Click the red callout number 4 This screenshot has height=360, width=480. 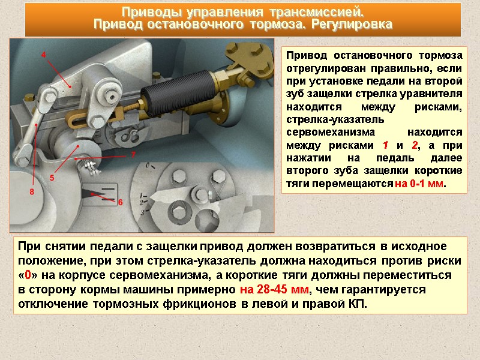(x=43, y=55)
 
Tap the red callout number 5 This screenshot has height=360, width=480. (x=52, y=178)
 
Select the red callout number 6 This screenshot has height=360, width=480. (x=121, y=202)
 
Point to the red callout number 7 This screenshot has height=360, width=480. (x=133, y=155)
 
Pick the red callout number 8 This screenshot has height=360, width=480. (x=32, y=192)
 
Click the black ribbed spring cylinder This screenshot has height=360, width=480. (x=177, y=94)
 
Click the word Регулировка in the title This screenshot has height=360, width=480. (x=352, y=24)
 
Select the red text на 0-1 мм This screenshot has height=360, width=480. (x=419, y=184)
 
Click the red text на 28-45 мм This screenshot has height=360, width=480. (x=274, y=289)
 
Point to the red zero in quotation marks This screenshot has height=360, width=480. (x=28, y=275)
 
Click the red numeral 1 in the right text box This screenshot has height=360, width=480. (x=385, y=145)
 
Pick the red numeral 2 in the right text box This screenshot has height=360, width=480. (x=415, y=145)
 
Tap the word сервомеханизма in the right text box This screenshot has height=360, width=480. (x=331, y=132)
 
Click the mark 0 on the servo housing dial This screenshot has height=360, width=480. (x=148, y=166)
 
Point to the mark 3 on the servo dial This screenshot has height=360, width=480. (x=142, y=212)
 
